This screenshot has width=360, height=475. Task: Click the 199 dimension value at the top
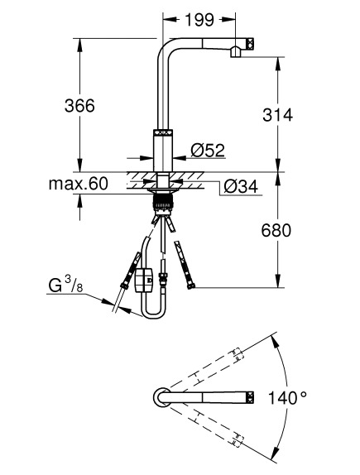point(199,20)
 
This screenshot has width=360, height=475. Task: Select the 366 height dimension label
point(79,106)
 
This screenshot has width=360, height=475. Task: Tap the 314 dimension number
point(277,115)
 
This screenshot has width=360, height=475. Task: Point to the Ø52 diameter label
point(208,151)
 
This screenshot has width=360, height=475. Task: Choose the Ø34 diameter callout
point(241,187)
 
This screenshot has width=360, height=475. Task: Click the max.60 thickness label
point(78,184)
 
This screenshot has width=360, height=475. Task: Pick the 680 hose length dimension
point(276,231)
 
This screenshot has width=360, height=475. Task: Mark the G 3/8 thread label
point(65,285)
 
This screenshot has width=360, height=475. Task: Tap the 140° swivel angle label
point(287,398)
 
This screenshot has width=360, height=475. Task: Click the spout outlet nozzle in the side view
point(236,52)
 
